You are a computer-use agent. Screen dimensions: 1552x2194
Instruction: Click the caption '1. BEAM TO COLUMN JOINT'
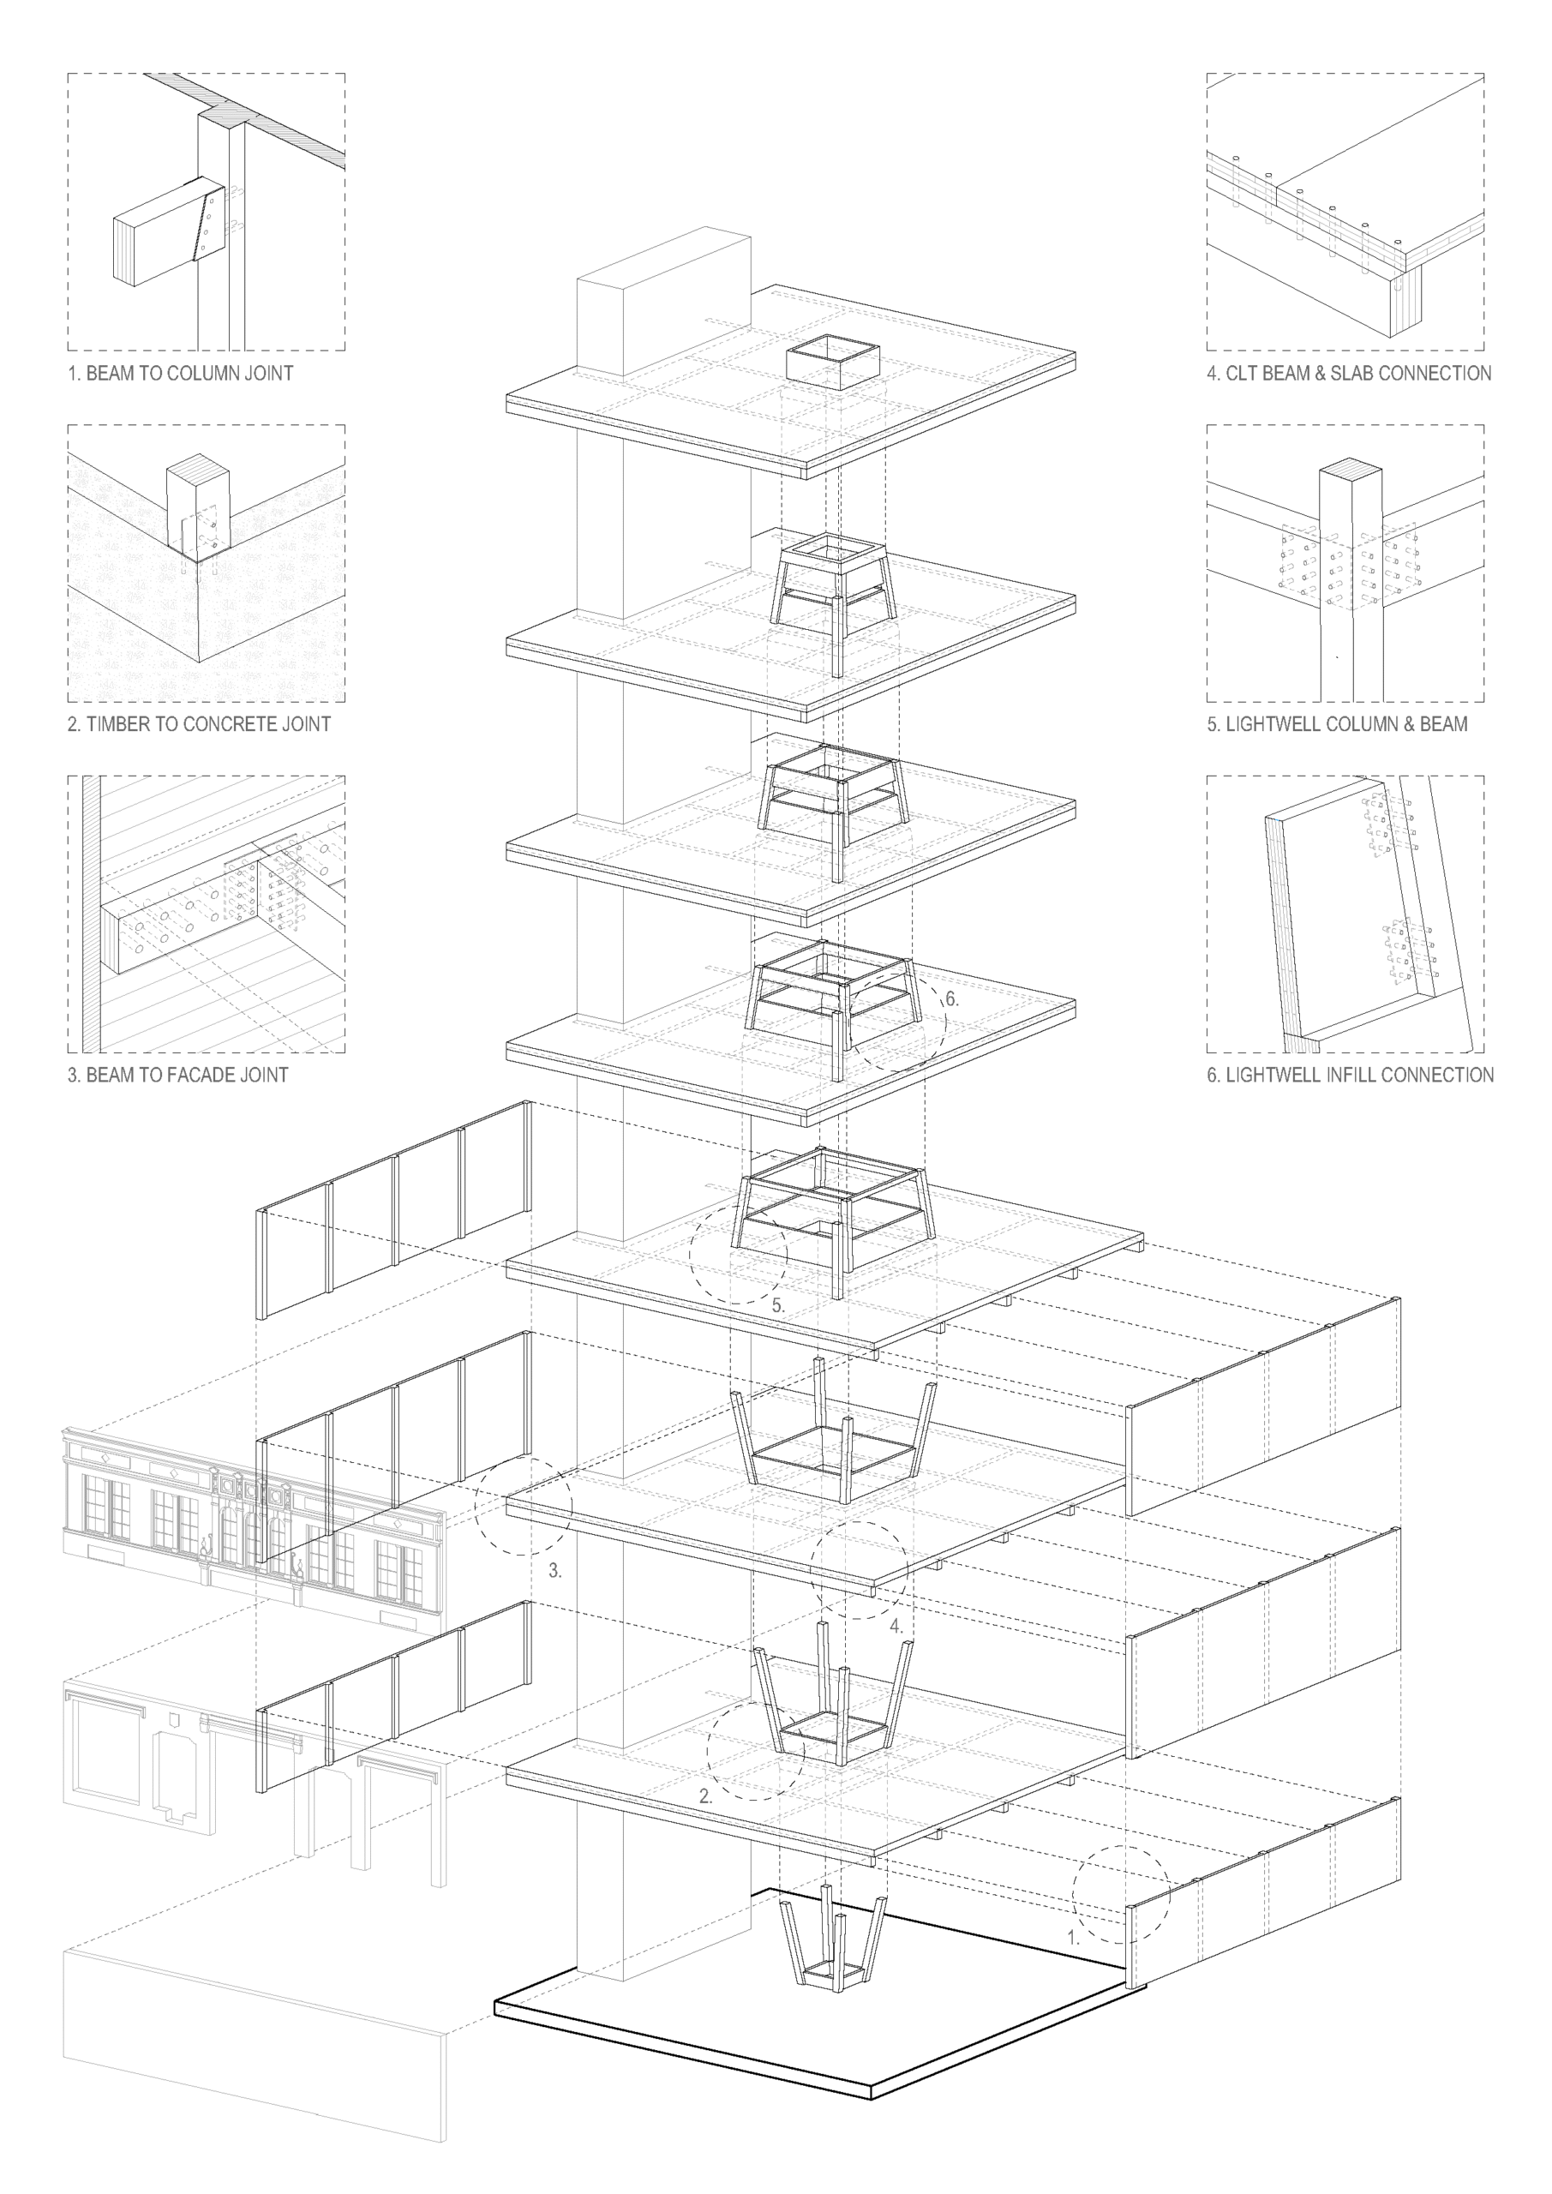181,373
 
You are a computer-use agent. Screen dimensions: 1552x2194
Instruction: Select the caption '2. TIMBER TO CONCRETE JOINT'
199,723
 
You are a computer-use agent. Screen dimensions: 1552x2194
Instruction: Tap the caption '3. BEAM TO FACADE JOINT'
177,1074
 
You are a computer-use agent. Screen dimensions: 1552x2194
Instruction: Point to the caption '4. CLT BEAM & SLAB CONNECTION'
1348,373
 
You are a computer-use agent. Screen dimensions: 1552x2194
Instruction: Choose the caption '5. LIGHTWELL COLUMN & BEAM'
1337,723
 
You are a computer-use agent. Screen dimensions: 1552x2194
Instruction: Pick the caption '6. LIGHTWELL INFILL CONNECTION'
1351,1074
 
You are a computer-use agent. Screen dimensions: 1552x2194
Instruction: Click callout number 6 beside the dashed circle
952,998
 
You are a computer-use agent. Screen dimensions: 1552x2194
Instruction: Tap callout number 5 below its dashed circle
778,1305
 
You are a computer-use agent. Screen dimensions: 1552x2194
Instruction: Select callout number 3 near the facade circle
555,1570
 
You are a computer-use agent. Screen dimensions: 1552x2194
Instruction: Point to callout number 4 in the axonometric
896,1626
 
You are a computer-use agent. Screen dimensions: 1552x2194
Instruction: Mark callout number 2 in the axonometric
705,1795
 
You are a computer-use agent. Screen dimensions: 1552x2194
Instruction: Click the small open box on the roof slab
832,363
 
